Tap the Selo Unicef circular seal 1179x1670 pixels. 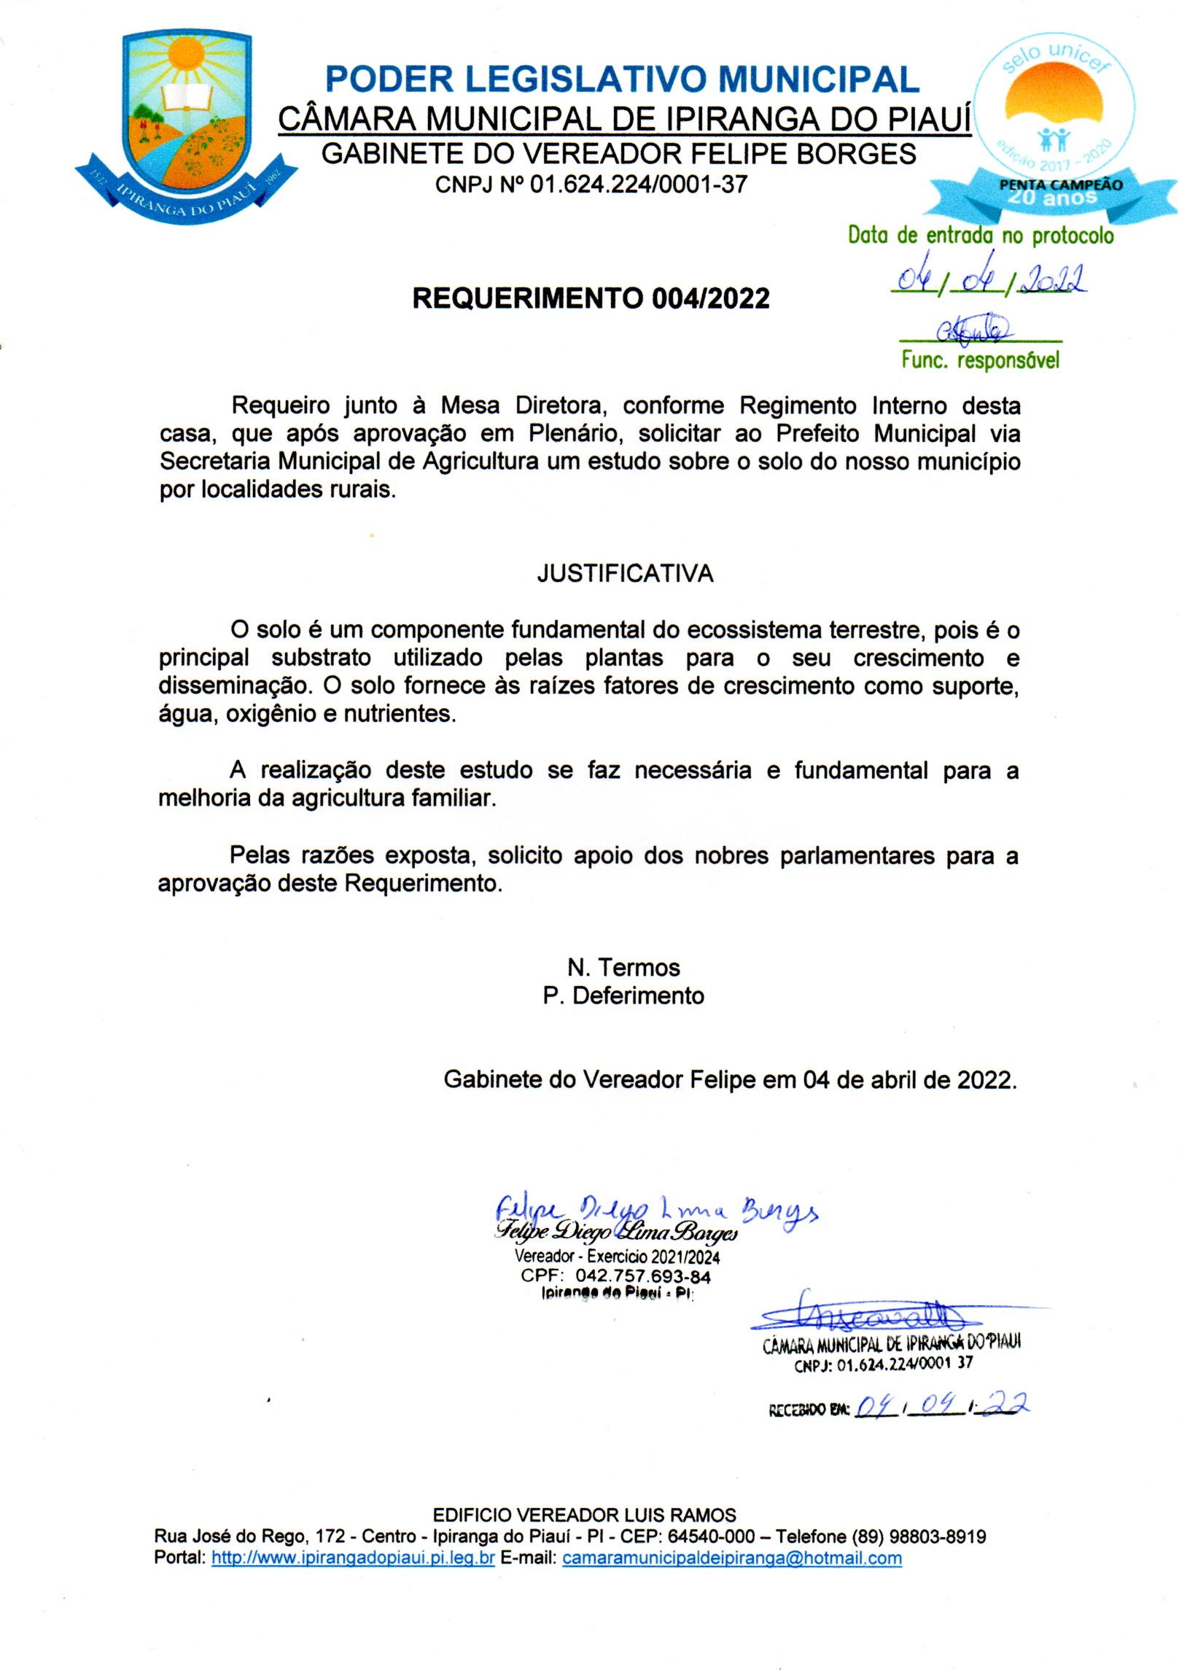[x=1054, y=109]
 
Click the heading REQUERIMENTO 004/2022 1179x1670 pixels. [x=591, y=298]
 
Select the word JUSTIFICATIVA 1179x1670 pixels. [x=625, y=574]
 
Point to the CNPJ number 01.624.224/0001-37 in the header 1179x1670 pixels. [x=638, y=185]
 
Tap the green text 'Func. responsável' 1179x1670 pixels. [x=980, y=360]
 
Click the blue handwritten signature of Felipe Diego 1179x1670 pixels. [x=656, y=1211]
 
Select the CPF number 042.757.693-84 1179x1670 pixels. [x=642, y=1275]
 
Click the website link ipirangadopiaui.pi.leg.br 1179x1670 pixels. [x=353, y=1558]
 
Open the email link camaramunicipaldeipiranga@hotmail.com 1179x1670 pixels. [x=732, y=1558]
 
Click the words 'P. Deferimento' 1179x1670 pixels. [x=623, y=995]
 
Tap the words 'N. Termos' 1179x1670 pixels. [x=623, y=968]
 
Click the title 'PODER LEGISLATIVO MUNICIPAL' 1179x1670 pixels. [x=622, y=79]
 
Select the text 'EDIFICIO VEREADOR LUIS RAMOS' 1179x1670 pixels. [x=584, y=1515]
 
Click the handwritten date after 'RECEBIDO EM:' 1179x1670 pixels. [x=941, y=1406]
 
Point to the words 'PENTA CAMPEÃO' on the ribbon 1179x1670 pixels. [x=1060, y=185]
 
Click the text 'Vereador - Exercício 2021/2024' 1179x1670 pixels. [x=617, y=1256]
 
